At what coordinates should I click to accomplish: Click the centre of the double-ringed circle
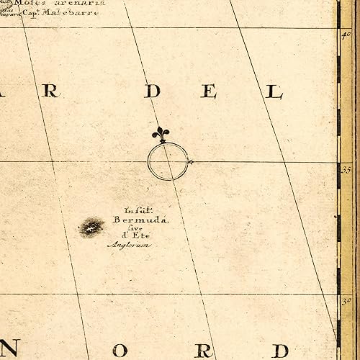pos(167,161)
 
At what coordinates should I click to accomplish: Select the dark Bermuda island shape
pos(91,227)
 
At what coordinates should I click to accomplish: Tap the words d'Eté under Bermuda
pos(134,235)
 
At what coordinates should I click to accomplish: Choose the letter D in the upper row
pos(152,91)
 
